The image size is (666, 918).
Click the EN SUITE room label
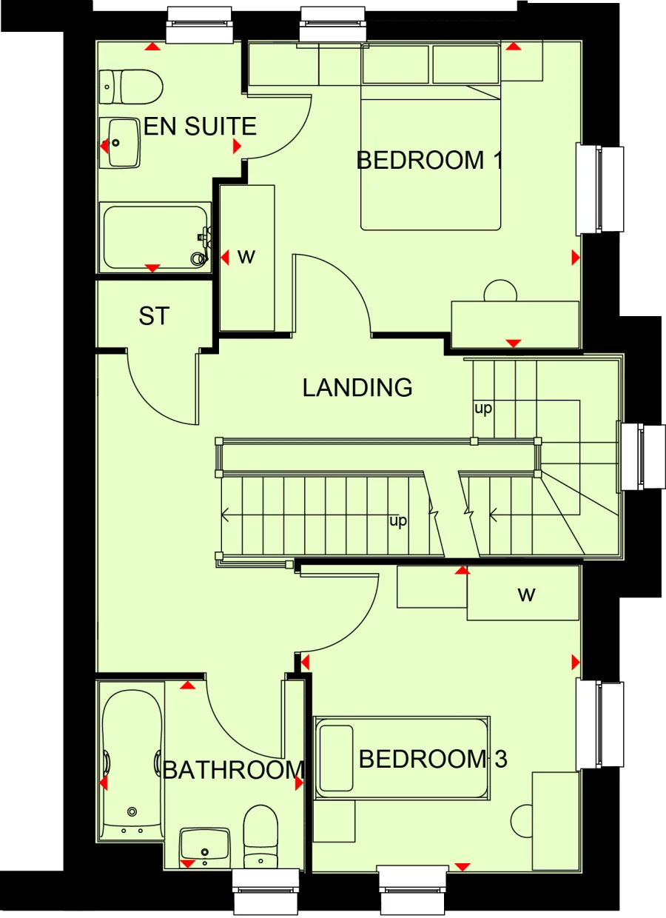click(x=200, y=127)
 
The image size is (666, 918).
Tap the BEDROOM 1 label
click(x=429, y=160)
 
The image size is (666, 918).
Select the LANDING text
click(x=357, y=387)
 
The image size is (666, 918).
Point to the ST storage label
click(x=154, y=317)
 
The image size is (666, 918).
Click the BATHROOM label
click(x=233, y=770)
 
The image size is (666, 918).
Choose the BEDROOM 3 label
click(x=433, y=759)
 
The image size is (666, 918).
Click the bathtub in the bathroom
click(x=132, y=763)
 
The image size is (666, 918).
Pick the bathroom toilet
click(x=260, y=837)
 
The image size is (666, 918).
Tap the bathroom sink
click(x=205, y=845)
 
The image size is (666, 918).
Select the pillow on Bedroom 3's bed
click(x=336, y=758)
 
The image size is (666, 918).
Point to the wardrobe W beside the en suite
click(x=246, y=257)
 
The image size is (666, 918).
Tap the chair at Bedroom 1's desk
click(x=500, y=291)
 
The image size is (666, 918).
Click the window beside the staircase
click(x=631, y=456)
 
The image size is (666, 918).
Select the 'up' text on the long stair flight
click(x=398, y=522)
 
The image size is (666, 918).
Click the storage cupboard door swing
click(x=159, y=389)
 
